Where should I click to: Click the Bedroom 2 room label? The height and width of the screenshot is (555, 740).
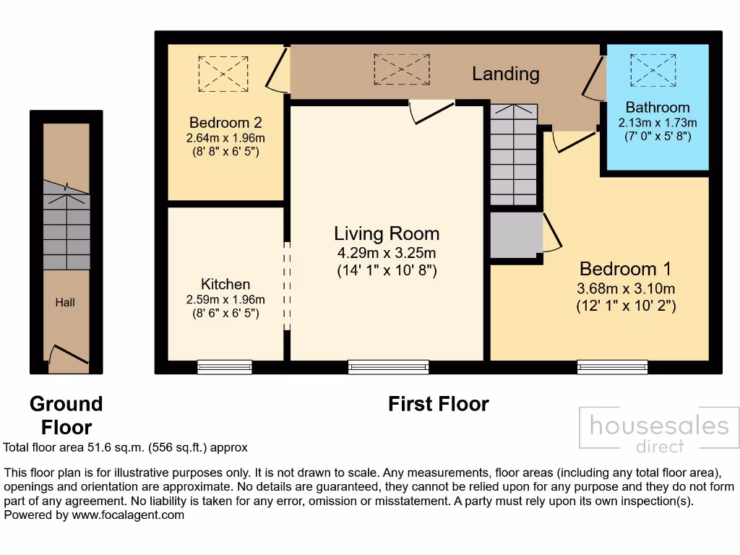coord(225,122)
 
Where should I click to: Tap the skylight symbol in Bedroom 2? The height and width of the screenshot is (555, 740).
coord(223,74)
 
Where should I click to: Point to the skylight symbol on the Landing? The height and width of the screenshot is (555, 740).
coord(401,69)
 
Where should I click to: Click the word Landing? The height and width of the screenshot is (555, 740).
coord(506,74)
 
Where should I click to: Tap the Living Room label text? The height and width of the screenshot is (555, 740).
coord(387,233)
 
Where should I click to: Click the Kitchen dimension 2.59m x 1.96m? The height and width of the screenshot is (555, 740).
coord(225,300)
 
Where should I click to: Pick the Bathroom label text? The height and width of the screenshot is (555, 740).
coord(658,108)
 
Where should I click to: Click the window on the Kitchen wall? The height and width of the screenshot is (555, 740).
coord(225,367)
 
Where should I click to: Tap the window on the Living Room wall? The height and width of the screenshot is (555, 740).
coord(388,367)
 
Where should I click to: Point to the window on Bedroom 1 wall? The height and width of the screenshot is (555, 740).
coord(612,367)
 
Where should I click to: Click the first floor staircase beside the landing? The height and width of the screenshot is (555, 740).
coord(514,154)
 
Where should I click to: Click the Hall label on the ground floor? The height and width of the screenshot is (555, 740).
coord(65,303)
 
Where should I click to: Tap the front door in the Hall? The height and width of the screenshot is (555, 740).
coord(65,358)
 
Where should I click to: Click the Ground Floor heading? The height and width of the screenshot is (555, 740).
coord(66,415)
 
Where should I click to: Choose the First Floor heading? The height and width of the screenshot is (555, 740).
coord(438,404)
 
